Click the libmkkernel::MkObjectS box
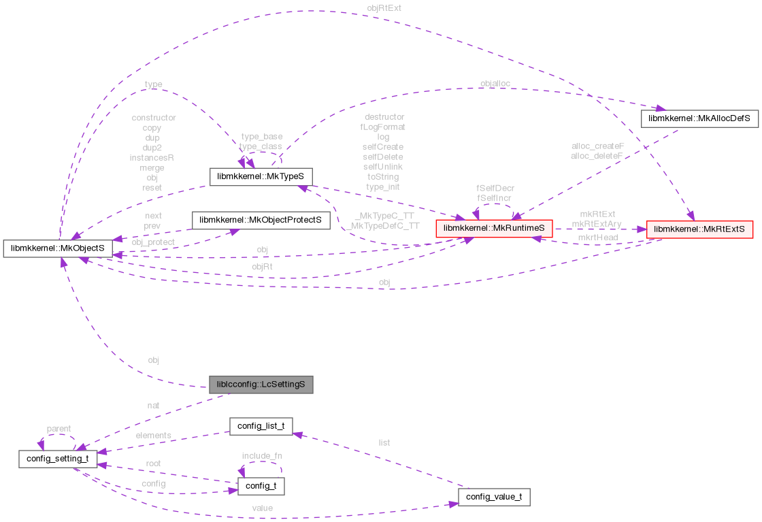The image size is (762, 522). (58, 248)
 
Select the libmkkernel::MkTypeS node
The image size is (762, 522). (261, 177)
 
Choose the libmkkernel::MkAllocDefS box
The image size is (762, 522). (699, 118)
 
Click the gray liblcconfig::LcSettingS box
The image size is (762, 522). (261, 385)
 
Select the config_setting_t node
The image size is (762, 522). (58, 459)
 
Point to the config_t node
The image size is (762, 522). (261, 487)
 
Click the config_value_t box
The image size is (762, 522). (494, 497)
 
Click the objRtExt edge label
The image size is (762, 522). (380, 9)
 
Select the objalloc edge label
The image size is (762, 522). (495, 84)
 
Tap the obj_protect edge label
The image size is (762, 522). (153, 242)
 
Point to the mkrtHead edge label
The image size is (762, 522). (597, 238)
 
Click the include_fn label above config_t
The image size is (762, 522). (261, 455)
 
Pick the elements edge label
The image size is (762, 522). (153, 435)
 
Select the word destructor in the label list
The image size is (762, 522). (384, 117)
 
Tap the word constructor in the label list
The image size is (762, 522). (154, 118)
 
